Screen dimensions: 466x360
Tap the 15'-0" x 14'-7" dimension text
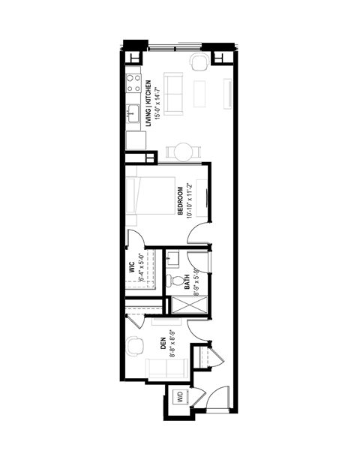[156, 102]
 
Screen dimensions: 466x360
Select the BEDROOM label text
[180, 200]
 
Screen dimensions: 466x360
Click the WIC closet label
[131, 269]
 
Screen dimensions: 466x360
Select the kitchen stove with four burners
[134, 82]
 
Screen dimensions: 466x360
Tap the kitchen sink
[133, 115]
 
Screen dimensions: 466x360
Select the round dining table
[181, 152]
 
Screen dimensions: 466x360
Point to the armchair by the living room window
[200, 62]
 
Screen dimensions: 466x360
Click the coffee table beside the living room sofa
[201, 92]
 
